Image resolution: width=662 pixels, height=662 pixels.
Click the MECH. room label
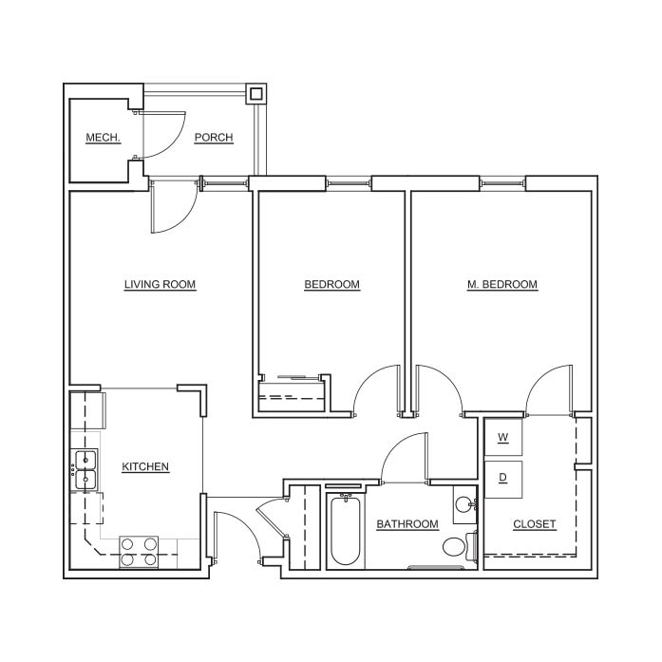coord(103,138)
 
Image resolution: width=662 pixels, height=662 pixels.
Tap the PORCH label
coord(214,138)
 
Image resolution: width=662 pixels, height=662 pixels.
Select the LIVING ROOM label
coord(160,285)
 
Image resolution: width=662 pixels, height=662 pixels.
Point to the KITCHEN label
coord(145,467)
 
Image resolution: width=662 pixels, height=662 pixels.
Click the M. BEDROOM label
coord(502,285)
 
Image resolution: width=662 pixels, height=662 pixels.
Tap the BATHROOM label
coord(407,524)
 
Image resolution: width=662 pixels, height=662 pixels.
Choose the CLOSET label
coord(534,524)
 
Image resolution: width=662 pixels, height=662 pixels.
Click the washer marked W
coord(502,437)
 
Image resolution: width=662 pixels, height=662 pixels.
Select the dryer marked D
coord(502,480)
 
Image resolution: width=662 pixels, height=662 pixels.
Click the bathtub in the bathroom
coord(346,531)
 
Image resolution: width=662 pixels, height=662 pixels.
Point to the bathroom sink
coord(465,504)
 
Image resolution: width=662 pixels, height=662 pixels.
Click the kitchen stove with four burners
coord(139,552)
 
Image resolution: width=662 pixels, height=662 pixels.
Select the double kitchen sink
coord(85,469)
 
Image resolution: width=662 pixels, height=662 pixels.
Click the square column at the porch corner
coord(255,93)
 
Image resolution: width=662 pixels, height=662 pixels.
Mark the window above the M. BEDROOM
coord(502,183)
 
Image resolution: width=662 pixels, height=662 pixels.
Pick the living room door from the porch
coord(173,206)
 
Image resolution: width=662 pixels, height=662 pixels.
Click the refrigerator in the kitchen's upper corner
coord(87,411)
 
